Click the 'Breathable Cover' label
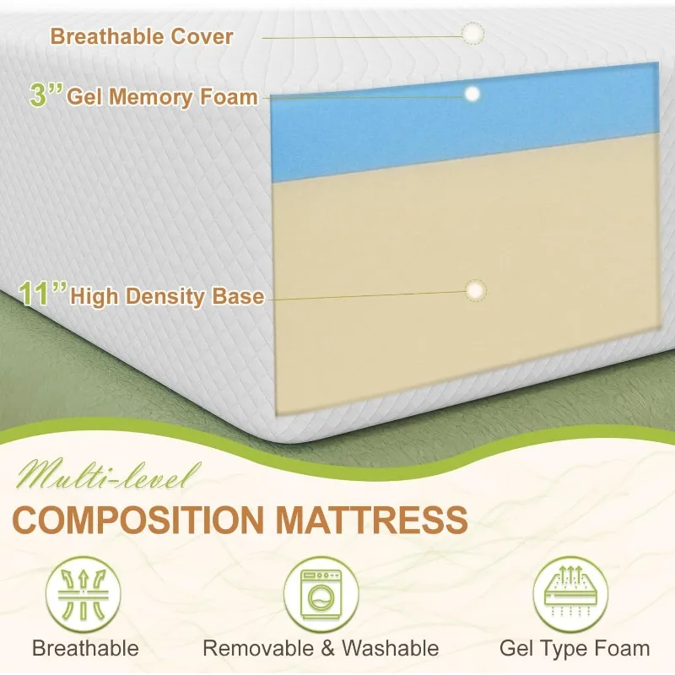[142, 36]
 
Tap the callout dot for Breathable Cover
[472, 34]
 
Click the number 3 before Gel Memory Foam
[39, 94]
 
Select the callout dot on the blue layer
[472, 94]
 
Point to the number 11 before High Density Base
[35, 294]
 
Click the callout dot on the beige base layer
[476, 290]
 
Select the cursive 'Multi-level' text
[107, 476]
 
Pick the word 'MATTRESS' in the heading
[371, 520]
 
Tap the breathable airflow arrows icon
[83, 595]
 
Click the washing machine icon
[321, 595]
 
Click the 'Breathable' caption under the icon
[85, 648]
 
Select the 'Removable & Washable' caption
[321, 648]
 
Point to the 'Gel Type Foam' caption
[575, 649]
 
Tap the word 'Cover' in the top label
[202, 36]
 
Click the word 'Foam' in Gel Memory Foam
[229, 97]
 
